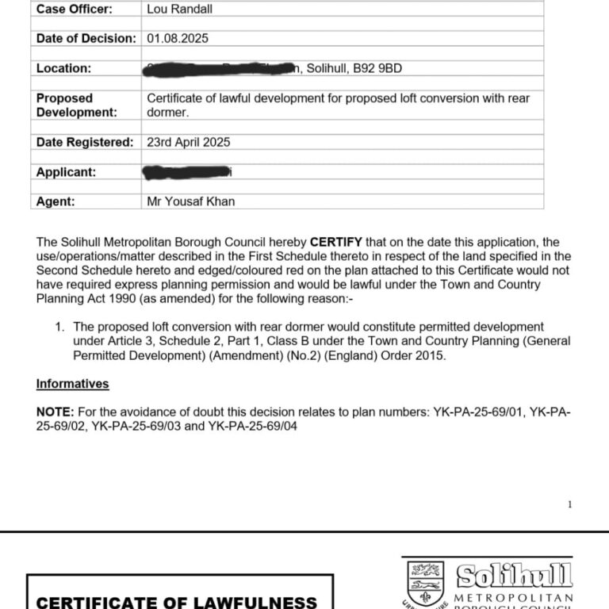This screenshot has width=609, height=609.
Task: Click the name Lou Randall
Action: tap(180, 9)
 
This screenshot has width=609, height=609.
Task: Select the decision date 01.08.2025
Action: tap(178, 38)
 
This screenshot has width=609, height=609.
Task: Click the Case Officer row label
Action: tap(75, 9)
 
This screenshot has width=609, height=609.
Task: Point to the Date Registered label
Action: tap(85, 143)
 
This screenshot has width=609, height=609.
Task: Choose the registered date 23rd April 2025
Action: tap(189, 143)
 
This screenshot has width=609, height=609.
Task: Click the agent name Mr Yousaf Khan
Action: tap(191, 201)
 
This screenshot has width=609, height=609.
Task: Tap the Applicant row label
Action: tap(66, 172)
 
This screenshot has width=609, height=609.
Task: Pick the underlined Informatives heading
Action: tap(72, 384)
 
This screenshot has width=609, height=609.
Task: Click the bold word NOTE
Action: tap(54, 412)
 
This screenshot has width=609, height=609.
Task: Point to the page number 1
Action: tap(569, 504)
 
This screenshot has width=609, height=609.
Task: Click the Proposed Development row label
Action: tap(76, 105)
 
